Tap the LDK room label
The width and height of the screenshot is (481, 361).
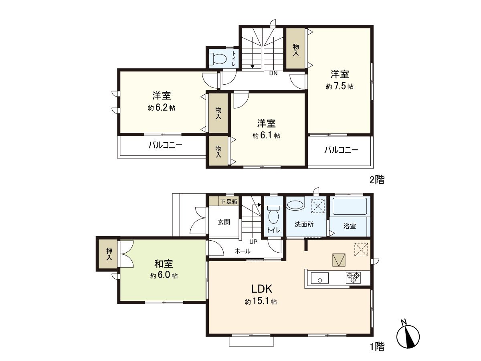(262, 289)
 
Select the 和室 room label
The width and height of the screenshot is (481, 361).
(164, 264)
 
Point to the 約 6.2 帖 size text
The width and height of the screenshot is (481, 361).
(161, 108)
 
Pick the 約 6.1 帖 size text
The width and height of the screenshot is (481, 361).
(266, 136)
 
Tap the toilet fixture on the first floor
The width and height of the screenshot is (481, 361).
(273, 216)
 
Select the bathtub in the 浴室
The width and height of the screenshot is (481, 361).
(350, 207)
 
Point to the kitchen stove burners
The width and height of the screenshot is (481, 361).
(353, 277)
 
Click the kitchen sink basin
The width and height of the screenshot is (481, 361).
(320, 278)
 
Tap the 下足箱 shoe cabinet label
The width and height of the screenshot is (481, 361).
(229, 201)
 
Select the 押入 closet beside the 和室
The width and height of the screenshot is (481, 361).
(109, 254)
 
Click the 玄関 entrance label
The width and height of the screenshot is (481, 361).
(224, 221)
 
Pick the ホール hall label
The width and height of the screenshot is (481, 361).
(243, 251)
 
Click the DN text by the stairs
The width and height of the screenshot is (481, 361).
(273, 73)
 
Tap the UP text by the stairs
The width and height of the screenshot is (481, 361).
(253, 242)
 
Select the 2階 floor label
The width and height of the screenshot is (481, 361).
(377, 180)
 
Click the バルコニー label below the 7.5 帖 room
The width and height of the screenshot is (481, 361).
(341, 150)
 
